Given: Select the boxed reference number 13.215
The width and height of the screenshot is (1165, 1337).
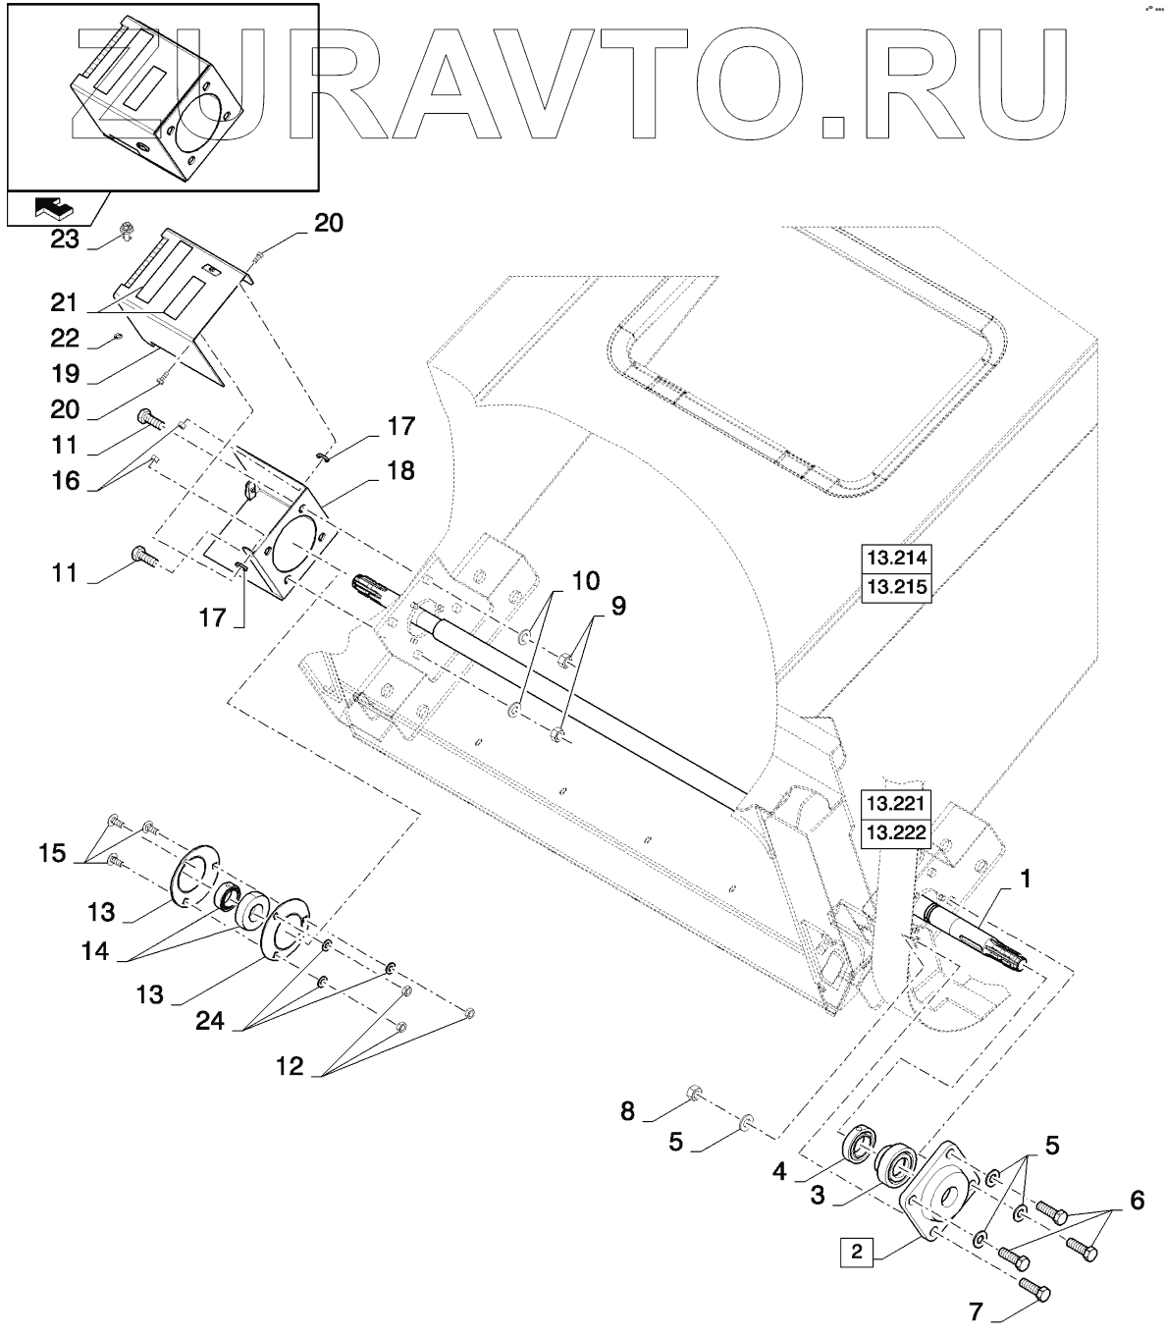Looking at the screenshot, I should pyautogui.click(x=894, y=587).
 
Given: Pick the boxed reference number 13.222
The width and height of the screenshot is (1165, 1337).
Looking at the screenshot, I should pyautogui.click(x=894, y=833).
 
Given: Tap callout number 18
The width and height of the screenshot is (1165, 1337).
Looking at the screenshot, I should pyautogui.click(x=400, y=471).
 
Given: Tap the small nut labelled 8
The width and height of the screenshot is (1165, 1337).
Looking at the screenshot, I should pyautogui.click(x=692, y=1092).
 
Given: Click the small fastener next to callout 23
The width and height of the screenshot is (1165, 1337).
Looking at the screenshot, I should pyautogui.click(x=126, y=231).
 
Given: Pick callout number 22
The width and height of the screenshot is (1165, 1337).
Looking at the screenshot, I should pyautogui.click(x=65, y=338).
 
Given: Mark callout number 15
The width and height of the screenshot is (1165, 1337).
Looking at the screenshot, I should pyautogui.click(x=53, y=852).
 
